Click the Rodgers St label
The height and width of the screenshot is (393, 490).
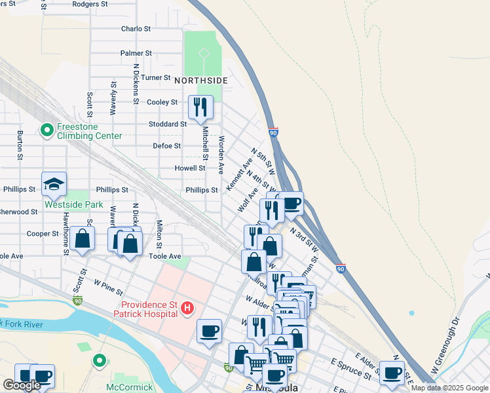click(90, 4)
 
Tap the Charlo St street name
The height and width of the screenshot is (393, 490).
click(136, 29)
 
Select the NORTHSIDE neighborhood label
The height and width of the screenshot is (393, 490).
click(201, 81)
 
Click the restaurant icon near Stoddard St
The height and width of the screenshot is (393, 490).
click(200, 107)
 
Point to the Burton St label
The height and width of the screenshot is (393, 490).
click(20, 145)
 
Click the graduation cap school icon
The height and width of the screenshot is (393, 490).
click(54, 185)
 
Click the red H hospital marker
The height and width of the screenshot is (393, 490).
click(187, 307)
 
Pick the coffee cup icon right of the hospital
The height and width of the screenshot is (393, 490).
click(209, 331)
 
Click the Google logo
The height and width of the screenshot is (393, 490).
click(22, 385)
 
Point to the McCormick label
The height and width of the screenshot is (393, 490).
click(130, 387)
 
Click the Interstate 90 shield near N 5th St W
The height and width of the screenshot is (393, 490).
click(274, 133)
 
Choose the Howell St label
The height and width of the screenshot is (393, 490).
click(190, 168)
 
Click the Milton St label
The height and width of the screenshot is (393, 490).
click(159, 231)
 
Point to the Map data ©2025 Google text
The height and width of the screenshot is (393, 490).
click(449, 388)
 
